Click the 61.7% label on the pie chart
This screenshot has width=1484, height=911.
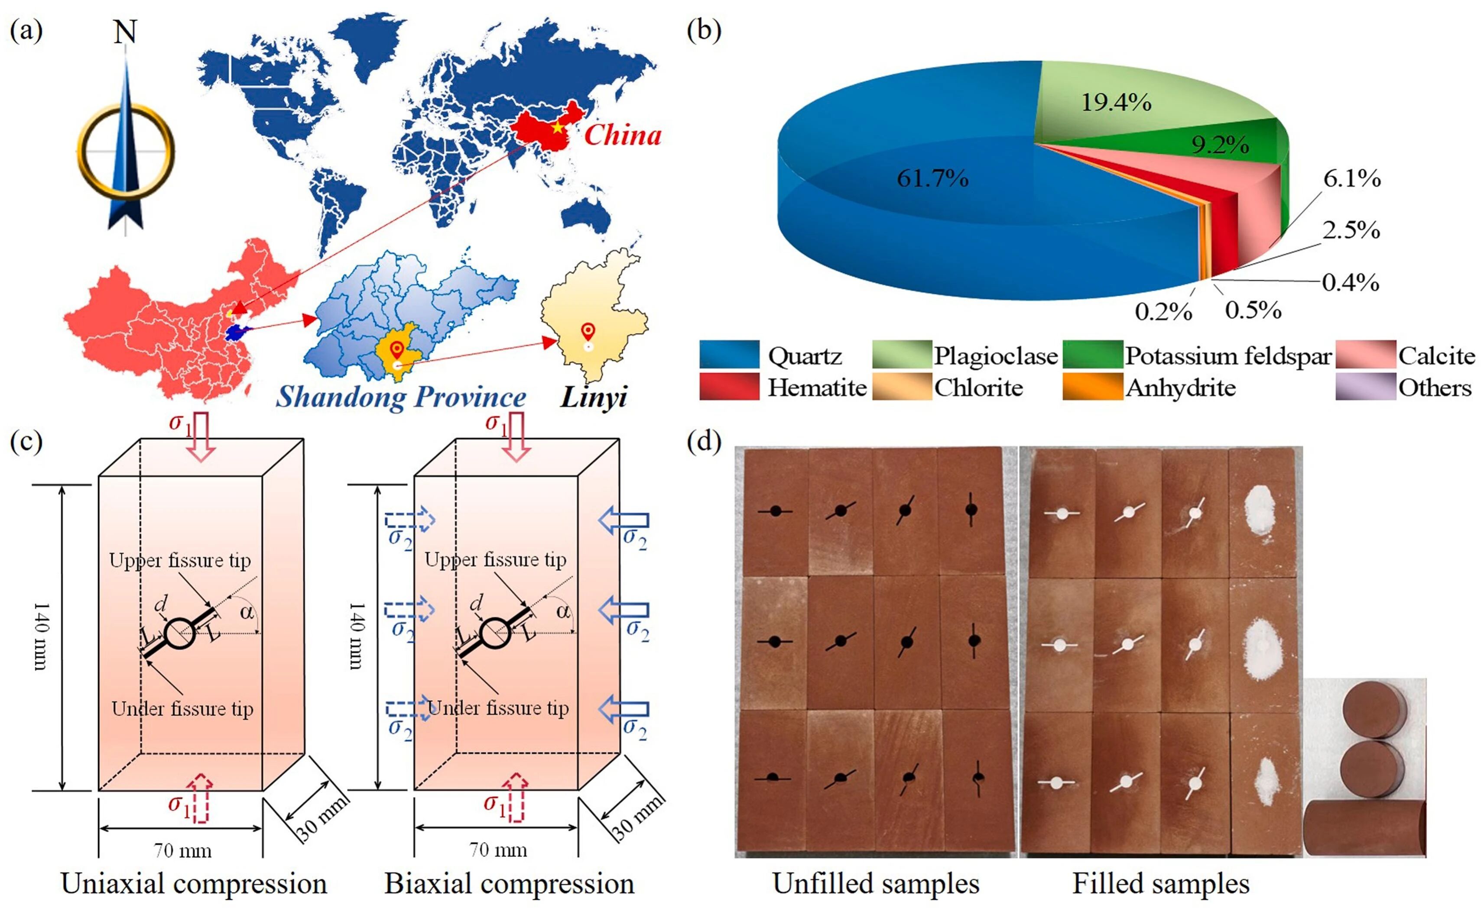(x=932, y=178)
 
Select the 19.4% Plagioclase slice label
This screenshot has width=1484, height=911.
(x=1116, y=103)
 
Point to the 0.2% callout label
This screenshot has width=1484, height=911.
(x=1163, y=311)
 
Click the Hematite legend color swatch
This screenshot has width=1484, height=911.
(x=729, y=387)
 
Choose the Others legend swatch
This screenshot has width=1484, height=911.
(x=1365, y=387)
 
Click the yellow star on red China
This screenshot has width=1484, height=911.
(x=558, y=127)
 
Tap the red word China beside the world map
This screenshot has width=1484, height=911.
(x=623, y=135)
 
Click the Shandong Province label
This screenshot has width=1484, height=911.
(x=401, y=397)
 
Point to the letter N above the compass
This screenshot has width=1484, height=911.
(x=125, y=32)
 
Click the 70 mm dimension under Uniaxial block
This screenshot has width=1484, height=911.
(x=182, y=850)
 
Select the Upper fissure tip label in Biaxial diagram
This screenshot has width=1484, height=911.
(x=496, y=560)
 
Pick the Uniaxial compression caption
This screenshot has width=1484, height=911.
(x=194, y=884)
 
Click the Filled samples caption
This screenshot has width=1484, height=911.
(x=1160, y=884)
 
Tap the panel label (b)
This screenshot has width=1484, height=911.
(x=703, y=30)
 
